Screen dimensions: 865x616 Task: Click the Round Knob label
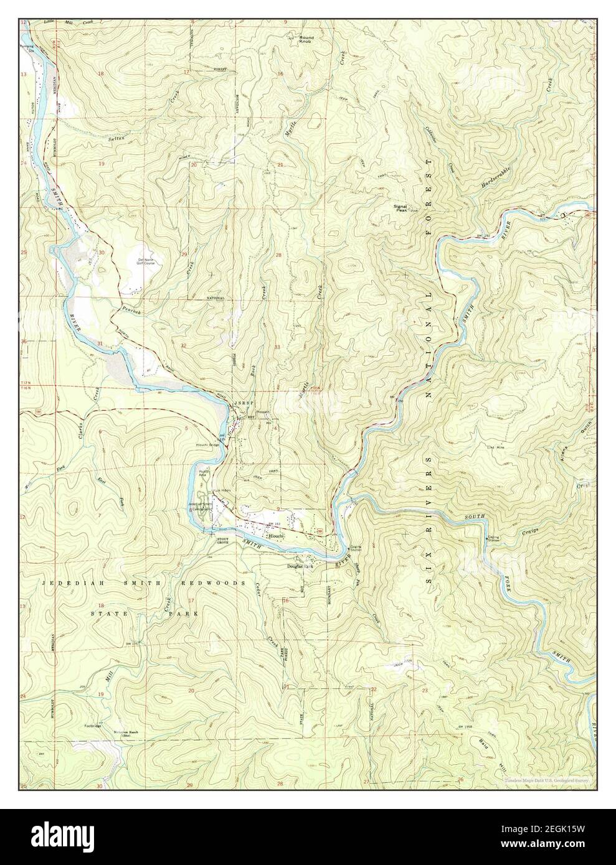(x=306, y=39)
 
